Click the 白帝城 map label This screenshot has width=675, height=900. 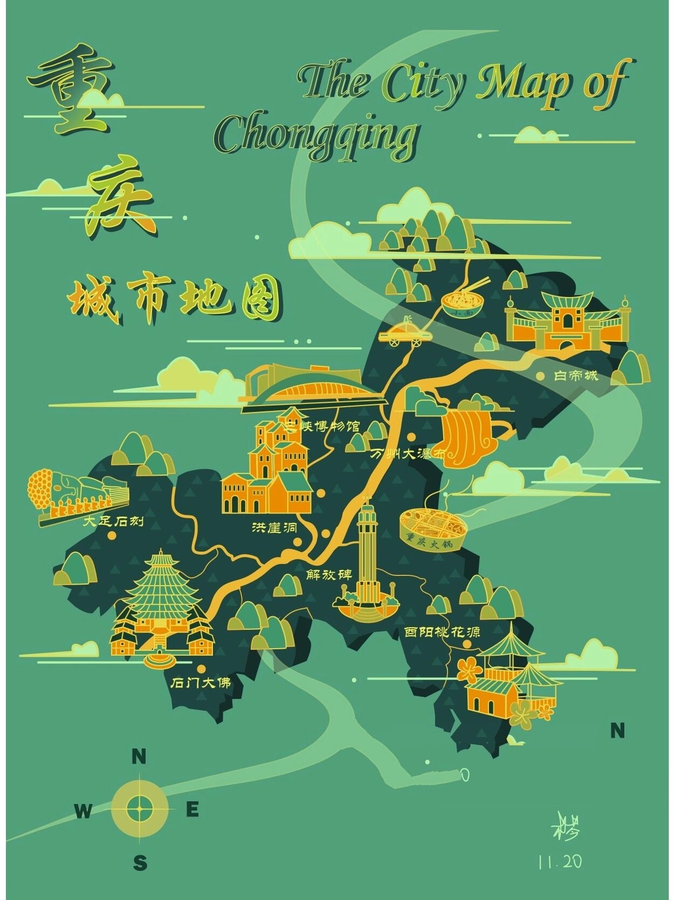click(576, 376)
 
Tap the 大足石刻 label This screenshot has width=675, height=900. click(114, 521)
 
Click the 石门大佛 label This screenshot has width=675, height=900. click(201, 683)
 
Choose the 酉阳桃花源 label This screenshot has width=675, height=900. click(442, 631)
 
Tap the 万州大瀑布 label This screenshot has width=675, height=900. click(409, 454)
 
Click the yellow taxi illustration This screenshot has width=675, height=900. click(405, 332)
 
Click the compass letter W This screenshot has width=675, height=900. click(83, 810)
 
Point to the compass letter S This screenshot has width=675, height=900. click(140, 863)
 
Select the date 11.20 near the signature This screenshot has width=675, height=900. click(560, 862)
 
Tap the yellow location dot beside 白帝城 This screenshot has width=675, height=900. click(540, 376)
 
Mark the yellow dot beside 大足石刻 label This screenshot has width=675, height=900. click(112, 535)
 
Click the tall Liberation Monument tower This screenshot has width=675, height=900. click(367, 555)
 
